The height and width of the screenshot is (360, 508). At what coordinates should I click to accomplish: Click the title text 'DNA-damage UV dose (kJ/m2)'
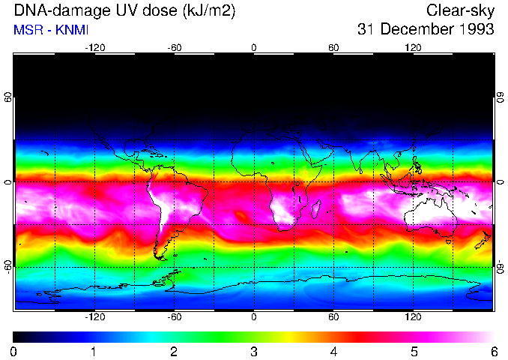[x=104, y=10]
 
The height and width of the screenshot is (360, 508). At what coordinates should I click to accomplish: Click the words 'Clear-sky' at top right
[x=460, y=10]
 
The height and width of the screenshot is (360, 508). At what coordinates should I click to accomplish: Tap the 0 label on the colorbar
[x=14, y=351]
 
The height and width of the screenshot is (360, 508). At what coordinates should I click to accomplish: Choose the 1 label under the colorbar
[x=94, y=351]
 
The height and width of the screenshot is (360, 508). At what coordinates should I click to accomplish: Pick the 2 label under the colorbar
[x=174, y=351]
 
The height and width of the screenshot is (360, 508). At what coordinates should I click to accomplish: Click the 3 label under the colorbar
[x=254, y=351]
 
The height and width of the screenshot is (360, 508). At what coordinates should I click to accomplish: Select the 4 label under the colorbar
[x=333, y=351]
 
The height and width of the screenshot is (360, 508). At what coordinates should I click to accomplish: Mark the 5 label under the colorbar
[x=414, y=351]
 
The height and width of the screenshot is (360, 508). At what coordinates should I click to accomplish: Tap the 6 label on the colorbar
[x=493, y=351]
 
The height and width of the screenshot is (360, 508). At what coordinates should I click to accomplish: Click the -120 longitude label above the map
[x=94, y=47]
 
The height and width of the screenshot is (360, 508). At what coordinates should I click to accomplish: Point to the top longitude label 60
[x=333, y=47]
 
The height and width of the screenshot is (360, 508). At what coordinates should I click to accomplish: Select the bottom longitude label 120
[x=414, y=317]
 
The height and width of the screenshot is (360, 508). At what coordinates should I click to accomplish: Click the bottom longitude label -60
[x=174, y=317]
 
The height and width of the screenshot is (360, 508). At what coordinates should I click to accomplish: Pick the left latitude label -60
[x=8, y=266]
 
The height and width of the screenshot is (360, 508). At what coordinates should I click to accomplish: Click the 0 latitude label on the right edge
[x=500, y=181]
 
